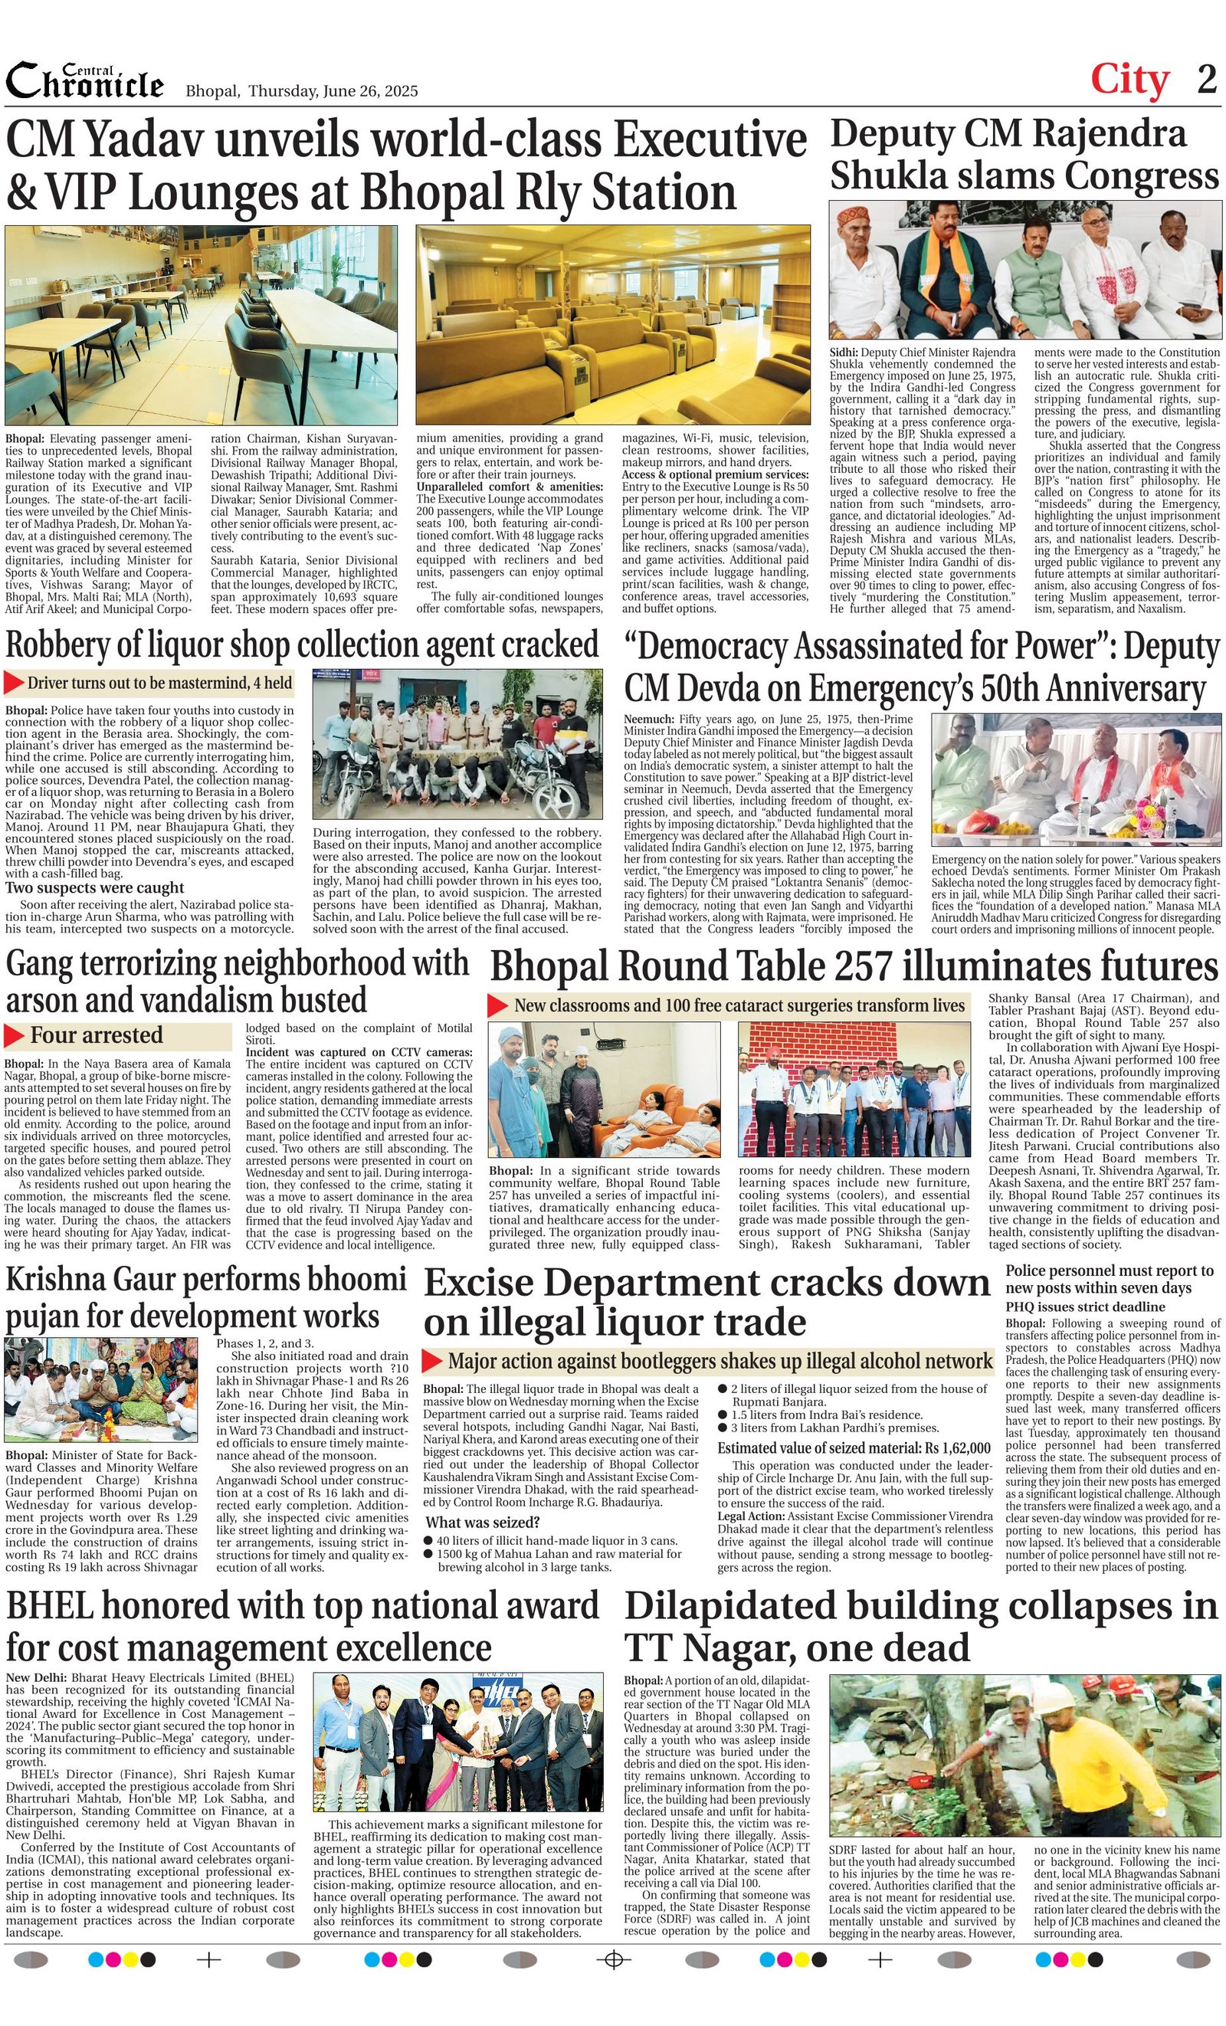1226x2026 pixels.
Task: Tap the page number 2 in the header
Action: tap(1206, 80)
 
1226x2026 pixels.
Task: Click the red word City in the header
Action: tap(1129, 80)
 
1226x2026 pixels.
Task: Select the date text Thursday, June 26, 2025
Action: tap(333, 91)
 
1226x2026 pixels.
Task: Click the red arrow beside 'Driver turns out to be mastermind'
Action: tap(15, 683)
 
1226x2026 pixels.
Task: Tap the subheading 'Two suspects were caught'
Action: tap(94, 887)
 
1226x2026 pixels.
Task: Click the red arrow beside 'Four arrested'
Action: tap(15, 1035)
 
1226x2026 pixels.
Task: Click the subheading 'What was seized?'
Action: tap(482, 1521)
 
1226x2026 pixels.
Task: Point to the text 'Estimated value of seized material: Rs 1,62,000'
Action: tap(854, 1448)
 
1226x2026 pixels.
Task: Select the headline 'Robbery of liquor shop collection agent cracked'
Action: tap(302, 645)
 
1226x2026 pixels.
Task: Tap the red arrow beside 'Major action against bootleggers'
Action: tap(432, 1362)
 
